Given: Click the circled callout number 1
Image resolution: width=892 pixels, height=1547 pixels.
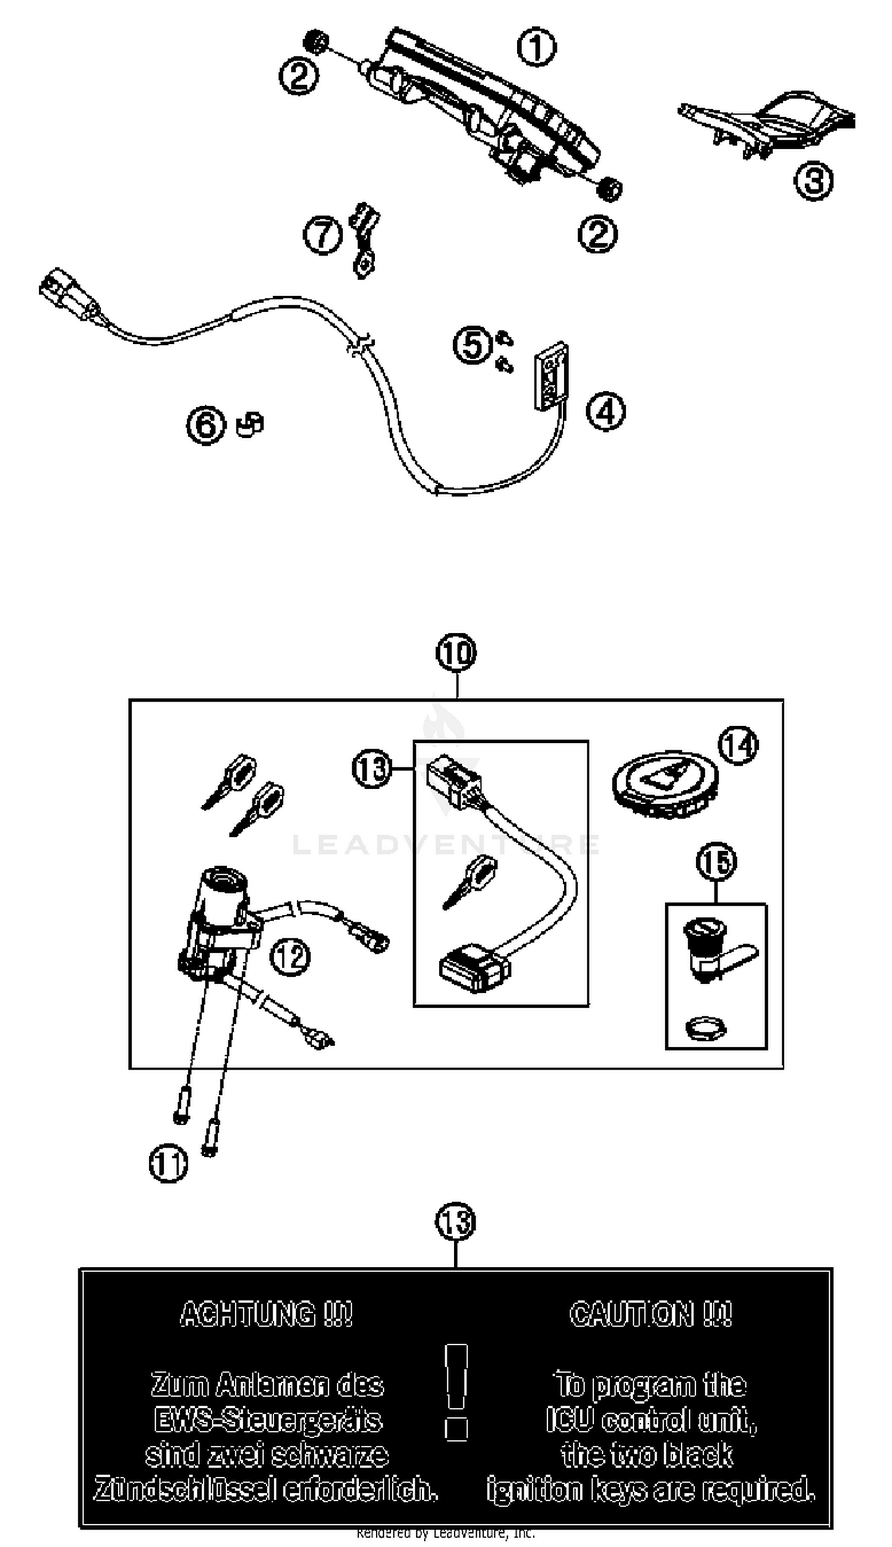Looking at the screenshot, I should click(x=536, y=49).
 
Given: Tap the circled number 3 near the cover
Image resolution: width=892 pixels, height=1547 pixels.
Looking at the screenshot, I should click(x=813, y=181).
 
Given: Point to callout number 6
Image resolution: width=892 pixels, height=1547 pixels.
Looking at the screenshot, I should click(x=206, y=425).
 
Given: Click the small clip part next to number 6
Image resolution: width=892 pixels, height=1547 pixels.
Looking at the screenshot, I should click(x=250, y=423).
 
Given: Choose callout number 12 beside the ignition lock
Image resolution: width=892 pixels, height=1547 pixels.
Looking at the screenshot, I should click(x=290, y=956).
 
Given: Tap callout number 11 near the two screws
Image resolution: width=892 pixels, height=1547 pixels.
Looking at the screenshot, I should click(x=168, y=1164).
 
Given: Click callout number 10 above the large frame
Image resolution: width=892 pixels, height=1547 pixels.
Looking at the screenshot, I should click(x=456, y=653).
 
